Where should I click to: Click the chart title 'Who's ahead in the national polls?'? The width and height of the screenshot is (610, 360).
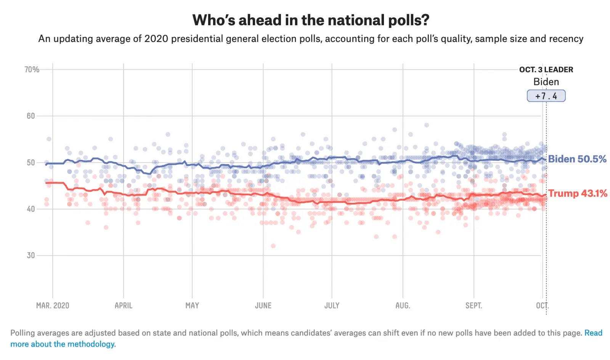[310, 20]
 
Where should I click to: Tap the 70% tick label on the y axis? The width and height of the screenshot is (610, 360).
[32, 69]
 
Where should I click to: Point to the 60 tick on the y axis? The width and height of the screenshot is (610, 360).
[31, 116]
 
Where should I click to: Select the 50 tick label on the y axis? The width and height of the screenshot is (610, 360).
[31, 162]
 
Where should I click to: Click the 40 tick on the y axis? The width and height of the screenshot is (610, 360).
[31, 209]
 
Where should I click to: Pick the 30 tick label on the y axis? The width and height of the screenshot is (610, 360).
[31, 256]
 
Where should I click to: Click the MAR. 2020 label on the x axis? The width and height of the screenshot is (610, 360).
[53, 305]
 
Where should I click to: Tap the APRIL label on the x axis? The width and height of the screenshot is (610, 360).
[124, 305]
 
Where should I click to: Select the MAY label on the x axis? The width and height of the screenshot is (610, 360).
[192, 305]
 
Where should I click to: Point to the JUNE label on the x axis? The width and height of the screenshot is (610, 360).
[263, 305]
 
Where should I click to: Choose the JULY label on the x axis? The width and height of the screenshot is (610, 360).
[332, 305]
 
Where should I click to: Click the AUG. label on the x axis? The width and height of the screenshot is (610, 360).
[403, 305]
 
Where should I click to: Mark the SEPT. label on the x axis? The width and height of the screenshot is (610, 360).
[474, 305]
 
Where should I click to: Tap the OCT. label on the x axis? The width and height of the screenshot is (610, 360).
[542, 305]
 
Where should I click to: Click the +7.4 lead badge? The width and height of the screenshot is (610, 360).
[546, 96]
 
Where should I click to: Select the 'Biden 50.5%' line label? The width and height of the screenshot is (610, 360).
[577, 159]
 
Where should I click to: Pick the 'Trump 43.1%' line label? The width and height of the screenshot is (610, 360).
[578, 193]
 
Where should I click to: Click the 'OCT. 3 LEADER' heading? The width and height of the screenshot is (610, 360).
[546, 70]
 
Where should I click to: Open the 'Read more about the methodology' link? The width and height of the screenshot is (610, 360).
[63, 344]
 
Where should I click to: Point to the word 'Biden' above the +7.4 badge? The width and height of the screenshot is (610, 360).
[546, 82]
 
